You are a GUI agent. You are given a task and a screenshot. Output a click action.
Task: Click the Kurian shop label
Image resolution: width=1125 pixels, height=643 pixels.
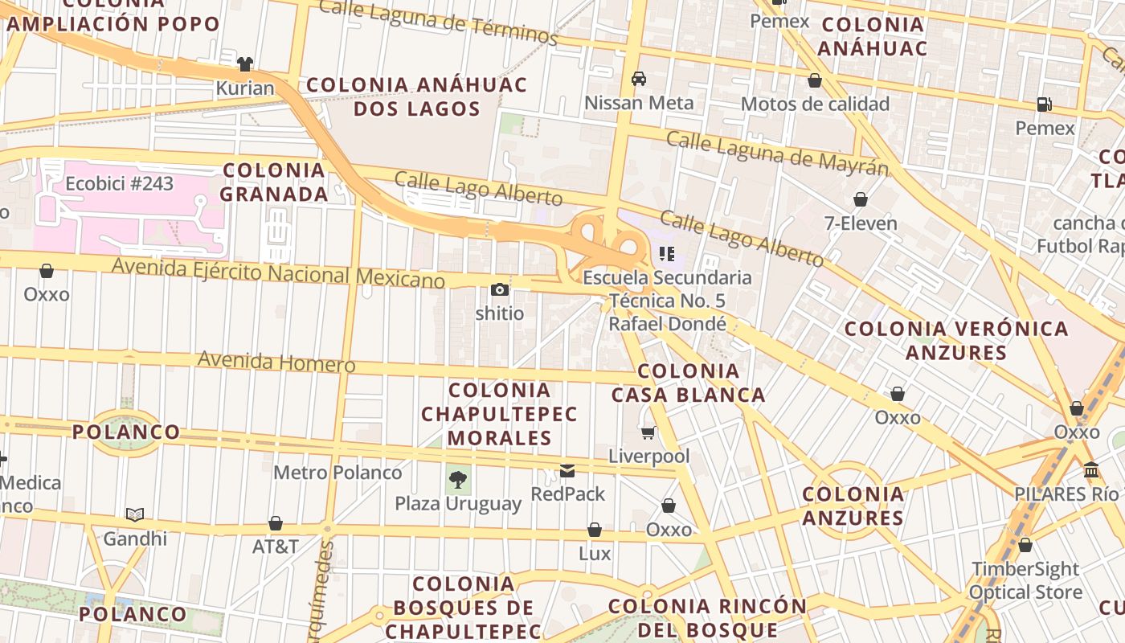[245, 88]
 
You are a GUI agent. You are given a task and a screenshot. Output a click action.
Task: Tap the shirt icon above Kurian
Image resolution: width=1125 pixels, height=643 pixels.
[245, 63]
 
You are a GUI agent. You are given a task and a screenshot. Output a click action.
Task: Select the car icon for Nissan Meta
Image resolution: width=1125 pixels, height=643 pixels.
[639, 79]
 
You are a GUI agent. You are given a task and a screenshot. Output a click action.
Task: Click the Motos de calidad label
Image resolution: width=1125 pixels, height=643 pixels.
[815, 104]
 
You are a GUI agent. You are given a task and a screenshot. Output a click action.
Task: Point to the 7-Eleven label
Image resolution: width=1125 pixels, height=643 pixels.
[861, 223]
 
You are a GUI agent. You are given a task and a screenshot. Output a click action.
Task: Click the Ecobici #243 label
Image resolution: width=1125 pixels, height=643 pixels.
[119, 184]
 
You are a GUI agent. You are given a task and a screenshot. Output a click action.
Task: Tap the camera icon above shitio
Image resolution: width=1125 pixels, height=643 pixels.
[500, 290]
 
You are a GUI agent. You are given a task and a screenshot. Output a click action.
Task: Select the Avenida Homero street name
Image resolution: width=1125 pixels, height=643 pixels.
[276, 362]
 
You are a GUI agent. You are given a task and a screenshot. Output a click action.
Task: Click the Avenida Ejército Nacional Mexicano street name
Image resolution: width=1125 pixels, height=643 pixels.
[278, 272]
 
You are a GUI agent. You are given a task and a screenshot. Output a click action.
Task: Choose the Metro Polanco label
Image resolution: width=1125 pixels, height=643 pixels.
[337, 473]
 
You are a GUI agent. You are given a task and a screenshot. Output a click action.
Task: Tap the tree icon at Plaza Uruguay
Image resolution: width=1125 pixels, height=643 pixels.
[458, 481]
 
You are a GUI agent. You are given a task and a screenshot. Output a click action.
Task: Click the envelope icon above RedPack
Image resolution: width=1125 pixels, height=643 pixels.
[567, 471]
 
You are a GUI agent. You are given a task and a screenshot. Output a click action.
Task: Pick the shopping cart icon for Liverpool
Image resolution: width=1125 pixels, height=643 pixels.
[648, 433]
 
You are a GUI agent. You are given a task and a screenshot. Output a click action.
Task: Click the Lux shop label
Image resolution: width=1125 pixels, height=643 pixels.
[595, 554]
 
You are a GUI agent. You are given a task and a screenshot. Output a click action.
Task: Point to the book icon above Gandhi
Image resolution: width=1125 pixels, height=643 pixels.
[135, 514]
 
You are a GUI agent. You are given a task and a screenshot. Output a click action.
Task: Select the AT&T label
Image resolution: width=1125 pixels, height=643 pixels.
[276, 547]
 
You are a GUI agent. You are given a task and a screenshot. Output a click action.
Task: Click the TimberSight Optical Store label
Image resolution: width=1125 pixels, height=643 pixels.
[1025, 580]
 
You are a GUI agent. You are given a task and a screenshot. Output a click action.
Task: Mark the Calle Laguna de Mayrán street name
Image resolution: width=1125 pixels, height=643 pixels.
[777, 153]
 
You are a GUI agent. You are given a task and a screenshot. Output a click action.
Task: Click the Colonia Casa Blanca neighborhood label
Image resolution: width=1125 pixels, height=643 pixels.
[688, 383]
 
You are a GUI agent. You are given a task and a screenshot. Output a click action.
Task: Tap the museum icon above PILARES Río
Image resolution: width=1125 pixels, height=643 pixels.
[1091, 470]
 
